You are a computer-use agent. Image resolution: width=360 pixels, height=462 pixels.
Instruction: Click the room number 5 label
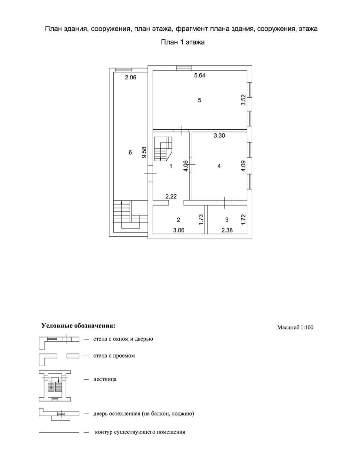coord(200,100)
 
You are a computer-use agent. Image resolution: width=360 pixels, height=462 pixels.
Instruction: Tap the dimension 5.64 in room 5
coord(200,76)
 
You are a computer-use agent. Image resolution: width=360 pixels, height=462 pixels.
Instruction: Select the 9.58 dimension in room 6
coord(144,152)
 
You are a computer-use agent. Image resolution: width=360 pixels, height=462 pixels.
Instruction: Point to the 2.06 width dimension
coord(130,77)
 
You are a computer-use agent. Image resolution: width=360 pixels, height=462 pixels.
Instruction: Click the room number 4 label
coord(219,166)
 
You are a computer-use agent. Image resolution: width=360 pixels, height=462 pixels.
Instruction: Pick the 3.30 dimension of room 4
coord(219,135)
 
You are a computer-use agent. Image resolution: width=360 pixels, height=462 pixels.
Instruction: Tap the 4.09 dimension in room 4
coord(244,166)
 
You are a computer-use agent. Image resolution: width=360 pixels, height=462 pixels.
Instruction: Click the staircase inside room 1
coord(163,149)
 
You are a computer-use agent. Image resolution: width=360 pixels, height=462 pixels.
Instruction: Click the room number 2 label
coord(179,220)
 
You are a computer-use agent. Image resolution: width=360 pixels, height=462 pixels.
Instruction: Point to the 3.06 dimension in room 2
coord(179,230)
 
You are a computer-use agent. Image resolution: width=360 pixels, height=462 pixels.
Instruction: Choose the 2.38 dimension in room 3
coord(227,230)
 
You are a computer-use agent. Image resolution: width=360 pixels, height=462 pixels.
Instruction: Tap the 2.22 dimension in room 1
coord(171,197)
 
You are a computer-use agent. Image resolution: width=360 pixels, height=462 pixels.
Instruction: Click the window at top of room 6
coord(124,69)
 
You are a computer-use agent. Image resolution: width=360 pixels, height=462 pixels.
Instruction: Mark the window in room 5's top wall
coord(184,67)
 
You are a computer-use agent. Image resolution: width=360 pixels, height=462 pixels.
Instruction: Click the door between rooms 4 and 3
coord(224,202)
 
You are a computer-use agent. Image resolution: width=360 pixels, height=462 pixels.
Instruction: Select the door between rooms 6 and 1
coord(150,173)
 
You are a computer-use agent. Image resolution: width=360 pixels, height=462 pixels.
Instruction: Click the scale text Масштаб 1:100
coord(295,327)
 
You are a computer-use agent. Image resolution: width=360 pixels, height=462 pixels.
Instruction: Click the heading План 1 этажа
coord(182,42)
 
